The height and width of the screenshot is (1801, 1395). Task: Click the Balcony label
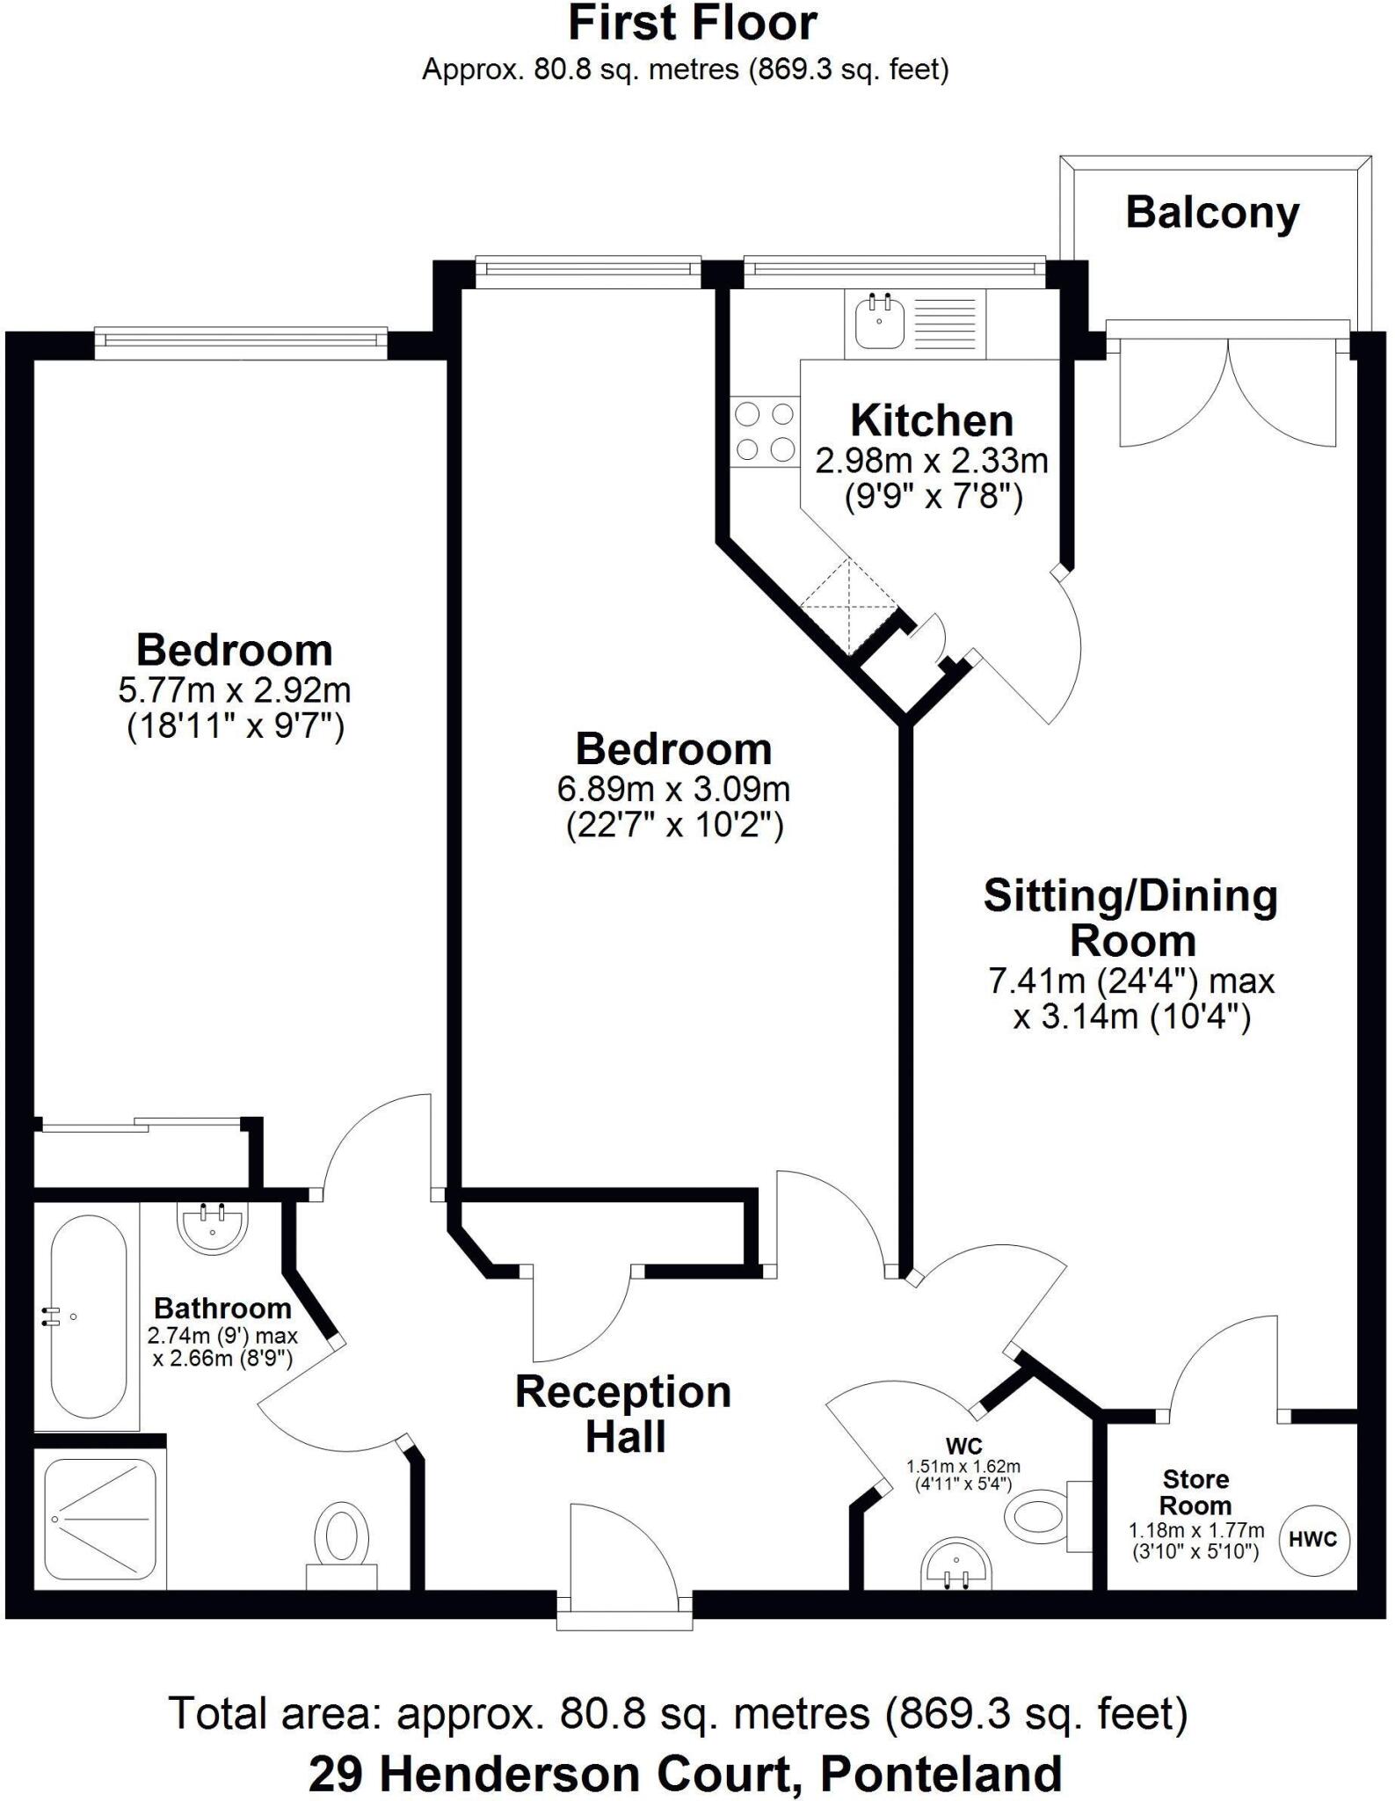[1212, 214]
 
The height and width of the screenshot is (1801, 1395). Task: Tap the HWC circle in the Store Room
[1313, 1539]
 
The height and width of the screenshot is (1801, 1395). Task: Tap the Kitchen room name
[932, 421]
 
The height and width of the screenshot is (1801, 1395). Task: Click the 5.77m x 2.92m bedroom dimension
[235, 690]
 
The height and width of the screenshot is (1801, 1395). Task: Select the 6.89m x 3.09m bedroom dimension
[674, 789]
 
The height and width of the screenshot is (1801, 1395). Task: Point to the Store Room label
[1195, 1491]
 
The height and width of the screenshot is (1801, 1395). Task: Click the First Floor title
[693, 24]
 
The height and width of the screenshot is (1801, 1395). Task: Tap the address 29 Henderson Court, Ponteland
[686, 1773]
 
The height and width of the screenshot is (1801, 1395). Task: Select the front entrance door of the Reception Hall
[624, 1561]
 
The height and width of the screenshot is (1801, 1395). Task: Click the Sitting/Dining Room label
[1130, 918]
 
